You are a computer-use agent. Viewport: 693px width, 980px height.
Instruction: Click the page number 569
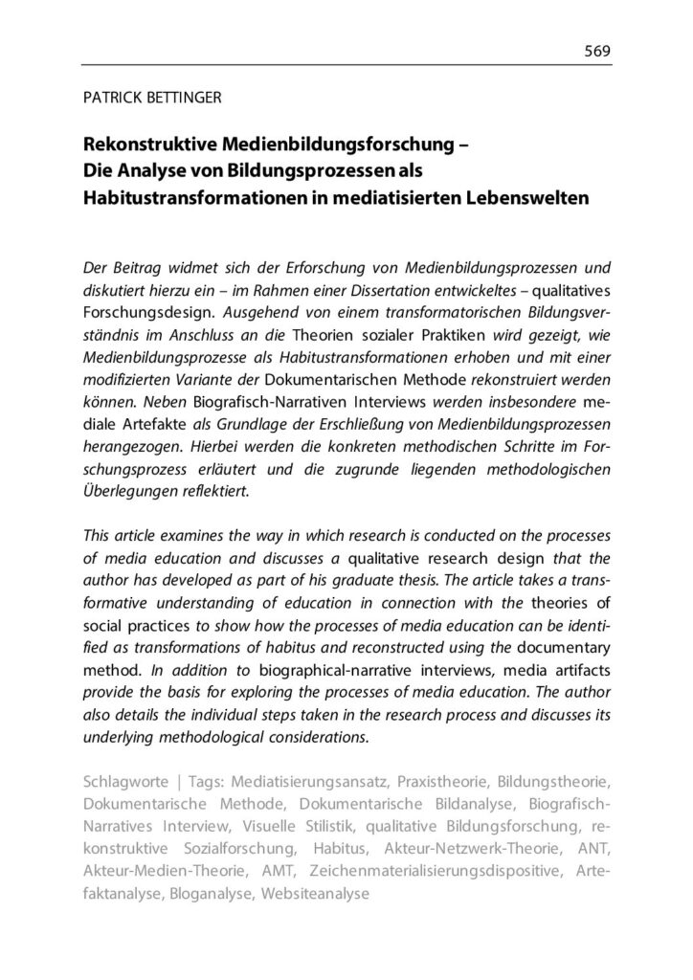point(597,51)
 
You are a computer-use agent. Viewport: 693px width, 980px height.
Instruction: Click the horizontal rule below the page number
point(346,64)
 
